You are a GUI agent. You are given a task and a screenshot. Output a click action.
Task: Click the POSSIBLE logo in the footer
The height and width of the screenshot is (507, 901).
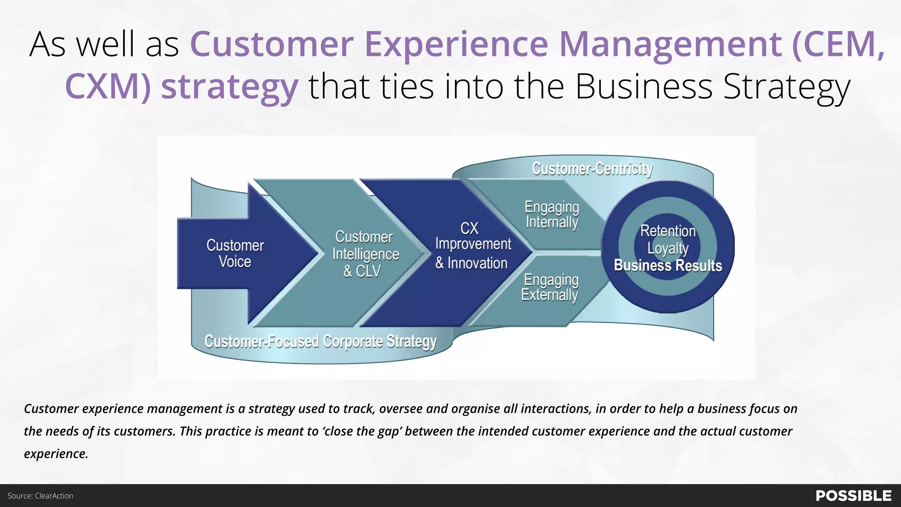click(x=853, y=496)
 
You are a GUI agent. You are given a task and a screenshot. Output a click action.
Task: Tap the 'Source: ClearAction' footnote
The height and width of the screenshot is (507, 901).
click(x=40, y=496)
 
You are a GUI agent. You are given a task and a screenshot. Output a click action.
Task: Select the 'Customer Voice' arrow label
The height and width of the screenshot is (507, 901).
click(x=235, y=253)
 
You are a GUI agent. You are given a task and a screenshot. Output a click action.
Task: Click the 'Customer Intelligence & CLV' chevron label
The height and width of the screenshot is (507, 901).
click(x=365, y=254)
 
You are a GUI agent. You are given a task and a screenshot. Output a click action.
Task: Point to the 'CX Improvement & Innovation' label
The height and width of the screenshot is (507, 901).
click(x=472, y=246)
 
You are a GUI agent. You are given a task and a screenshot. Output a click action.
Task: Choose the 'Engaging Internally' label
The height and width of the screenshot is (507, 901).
click(x=552, y=214)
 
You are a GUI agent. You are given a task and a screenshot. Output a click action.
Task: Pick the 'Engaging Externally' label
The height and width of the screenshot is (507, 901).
click(x=550, y=287)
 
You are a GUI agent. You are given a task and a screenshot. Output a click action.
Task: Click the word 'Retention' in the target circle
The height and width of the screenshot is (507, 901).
click(x=668, y=231)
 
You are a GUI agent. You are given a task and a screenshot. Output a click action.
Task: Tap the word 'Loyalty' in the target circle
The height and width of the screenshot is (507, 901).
click(x=668, y=248)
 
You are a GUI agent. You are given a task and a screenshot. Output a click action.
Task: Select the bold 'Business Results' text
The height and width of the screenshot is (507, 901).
click(x=668, y=265)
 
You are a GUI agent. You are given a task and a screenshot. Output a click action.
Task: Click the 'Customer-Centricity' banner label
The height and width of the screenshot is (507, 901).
click(x=592, y=169)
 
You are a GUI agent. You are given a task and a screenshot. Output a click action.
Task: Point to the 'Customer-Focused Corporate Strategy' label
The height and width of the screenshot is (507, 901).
click(x=320, y=341)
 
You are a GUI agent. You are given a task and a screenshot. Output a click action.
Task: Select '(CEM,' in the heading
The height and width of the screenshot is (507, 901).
click(x=838, y=44)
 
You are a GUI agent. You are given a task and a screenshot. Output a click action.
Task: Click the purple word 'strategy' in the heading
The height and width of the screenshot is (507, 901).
click(x=230, y=87)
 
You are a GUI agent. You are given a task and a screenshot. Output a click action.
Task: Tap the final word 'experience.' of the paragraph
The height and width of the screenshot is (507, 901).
click(x=56, y=454)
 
